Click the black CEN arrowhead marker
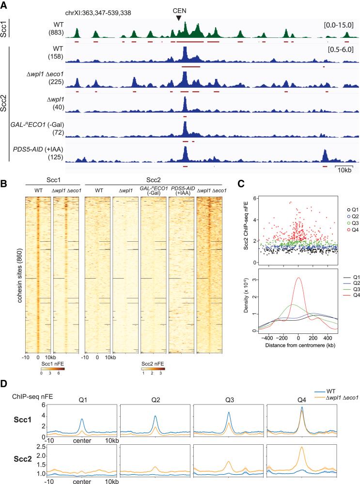tap(179, 18)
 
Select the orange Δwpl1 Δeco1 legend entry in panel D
tap(334, 398)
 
